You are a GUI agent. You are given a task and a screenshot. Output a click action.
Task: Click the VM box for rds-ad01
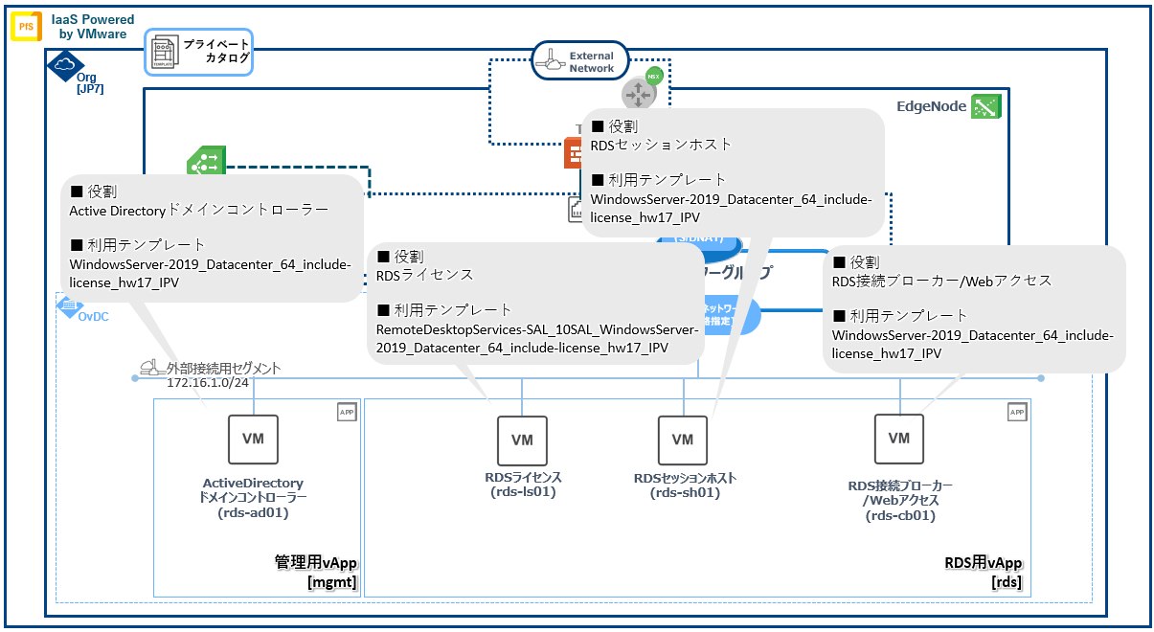(x=253, y=439)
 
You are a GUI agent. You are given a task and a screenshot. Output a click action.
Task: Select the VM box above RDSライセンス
(x=522, y=440)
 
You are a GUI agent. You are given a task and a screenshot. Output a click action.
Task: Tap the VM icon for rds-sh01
(x=682, y=440)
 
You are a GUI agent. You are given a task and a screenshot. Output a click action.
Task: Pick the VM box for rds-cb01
(x=898, y=438)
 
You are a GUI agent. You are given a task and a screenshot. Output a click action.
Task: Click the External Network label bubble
(x=579, y=62)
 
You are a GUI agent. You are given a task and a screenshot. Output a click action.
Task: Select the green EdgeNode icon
(x=984, y=107)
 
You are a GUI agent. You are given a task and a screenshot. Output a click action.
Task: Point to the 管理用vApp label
(x=315, y=562)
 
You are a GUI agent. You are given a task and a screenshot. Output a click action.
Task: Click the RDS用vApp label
(x=983, y=562)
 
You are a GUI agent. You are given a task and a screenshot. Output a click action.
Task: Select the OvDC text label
(x=93, y=315)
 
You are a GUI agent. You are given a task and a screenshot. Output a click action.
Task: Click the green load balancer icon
(x=206, y=164)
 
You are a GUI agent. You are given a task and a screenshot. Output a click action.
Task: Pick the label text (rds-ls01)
(x=522, y=492)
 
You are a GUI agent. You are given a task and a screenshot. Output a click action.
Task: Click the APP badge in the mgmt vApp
(x=346, y=413)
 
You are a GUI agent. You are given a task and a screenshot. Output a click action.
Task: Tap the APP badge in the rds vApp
(x=1016, y=413)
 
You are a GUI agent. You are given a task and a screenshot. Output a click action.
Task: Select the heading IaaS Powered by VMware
(x=93, y=26)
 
